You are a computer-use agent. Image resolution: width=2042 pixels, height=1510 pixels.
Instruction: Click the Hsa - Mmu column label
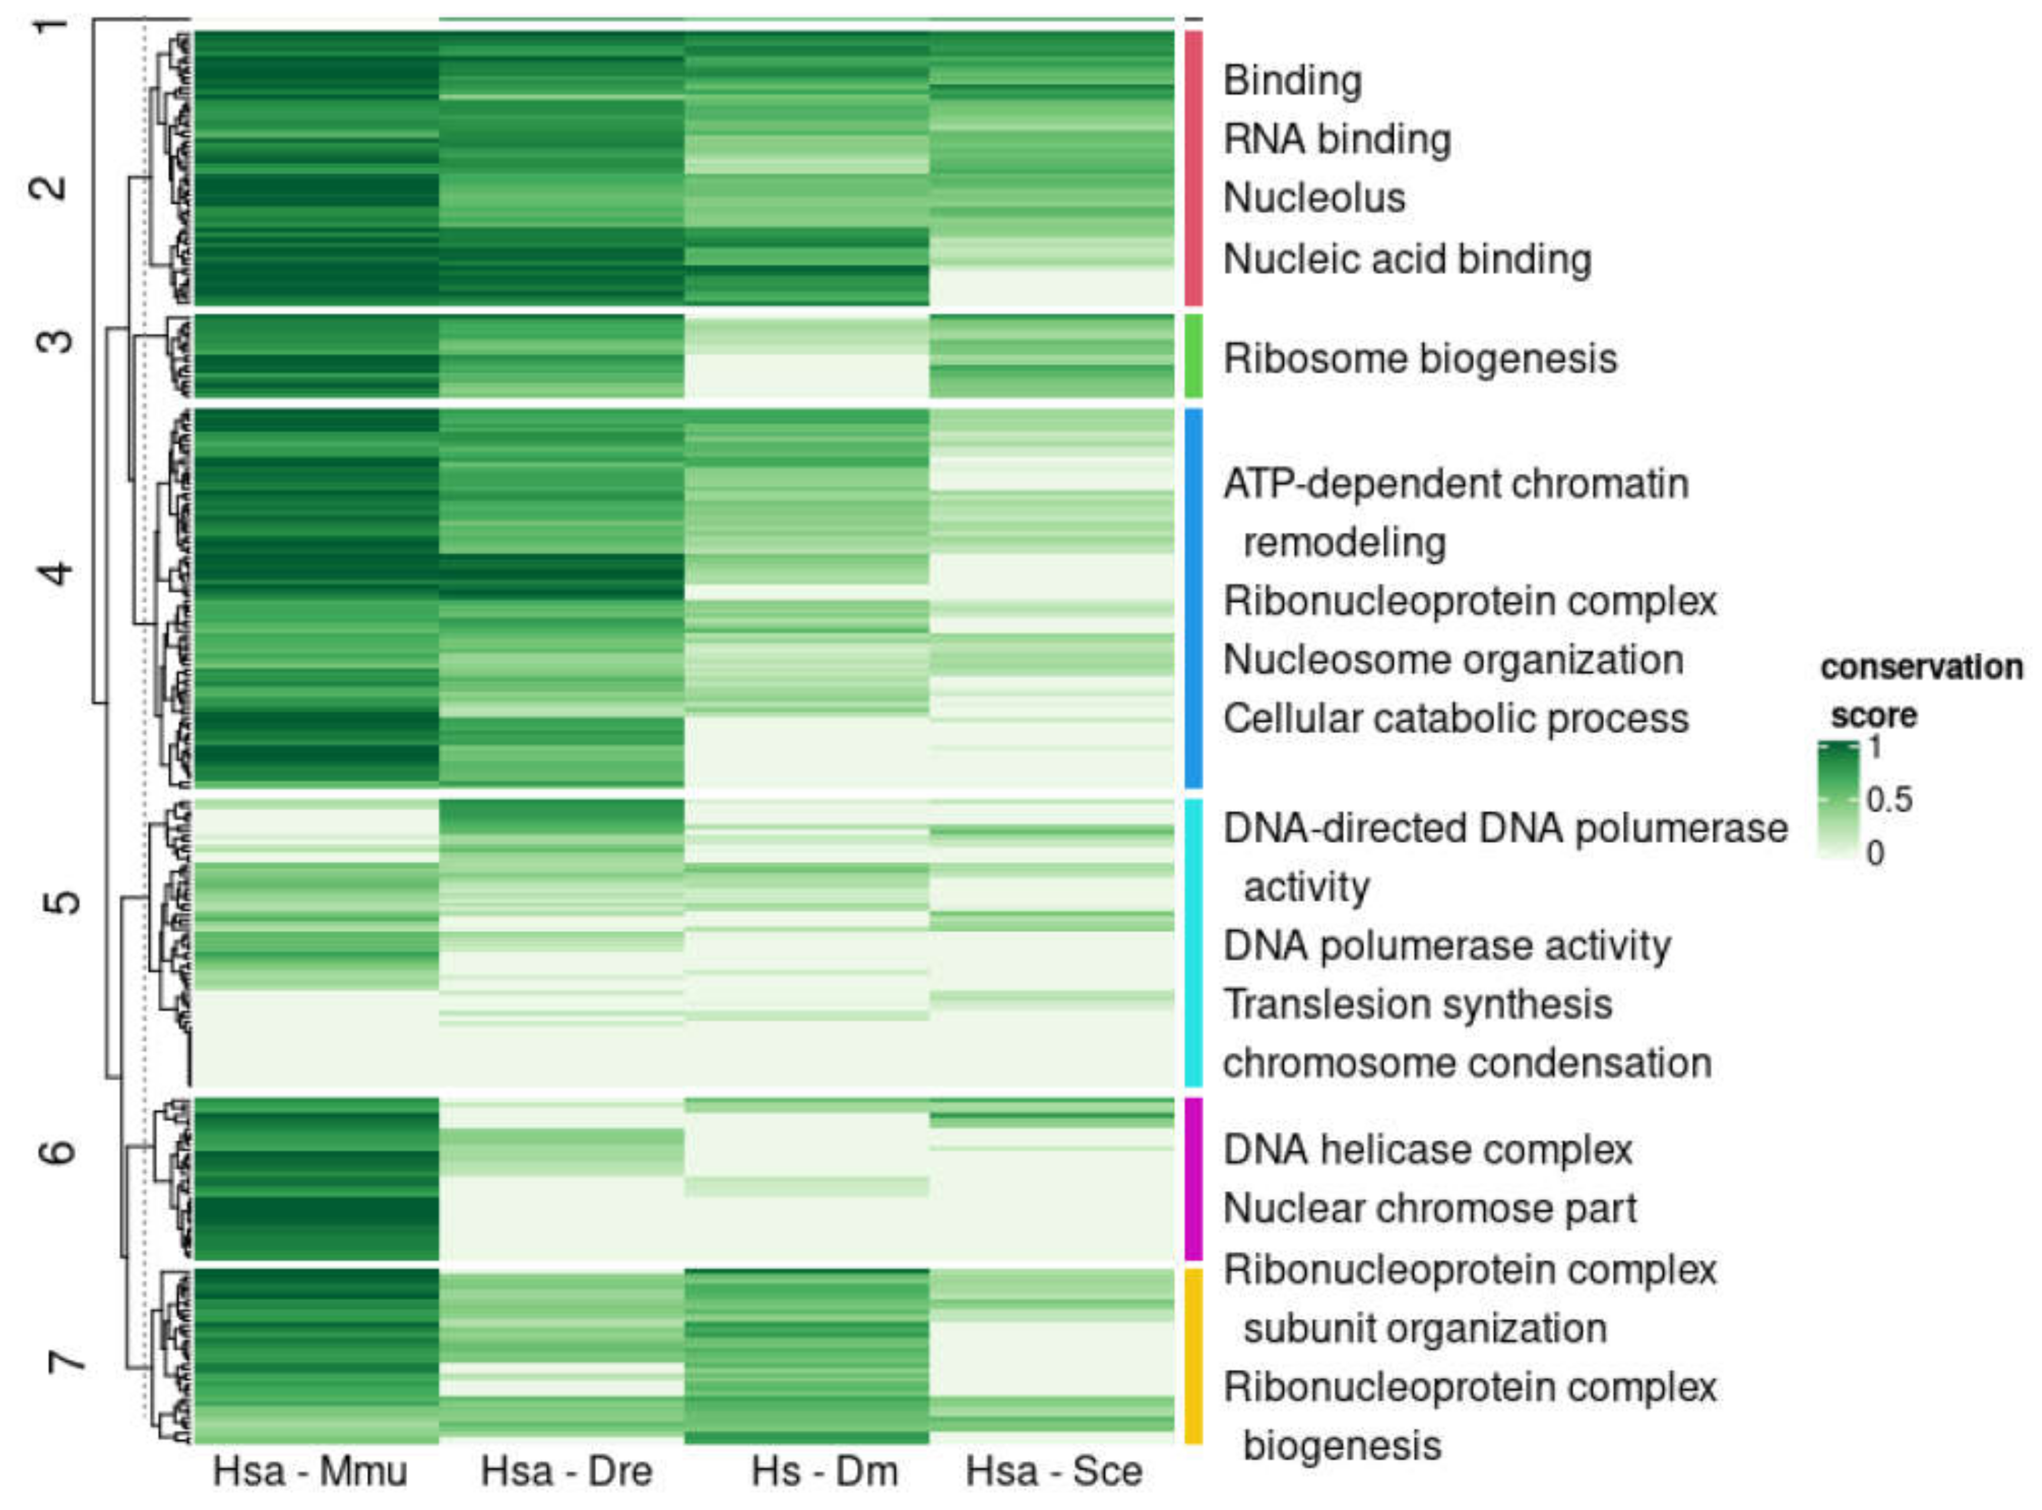pos(309,1472)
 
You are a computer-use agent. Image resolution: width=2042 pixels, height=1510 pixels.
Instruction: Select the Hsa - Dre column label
pos(566,1472)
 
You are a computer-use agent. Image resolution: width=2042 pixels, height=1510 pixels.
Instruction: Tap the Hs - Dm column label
pos(824,1472)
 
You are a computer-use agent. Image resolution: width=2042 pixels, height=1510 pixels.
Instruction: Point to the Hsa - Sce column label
pos(1053,1472)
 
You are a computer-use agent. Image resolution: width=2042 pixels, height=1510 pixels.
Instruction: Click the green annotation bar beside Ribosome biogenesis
pos(1193,356)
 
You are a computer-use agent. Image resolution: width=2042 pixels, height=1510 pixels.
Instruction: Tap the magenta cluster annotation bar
pos(1193,1179)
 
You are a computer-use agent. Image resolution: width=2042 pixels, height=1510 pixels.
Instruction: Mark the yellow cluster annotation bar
pos(1193,1355)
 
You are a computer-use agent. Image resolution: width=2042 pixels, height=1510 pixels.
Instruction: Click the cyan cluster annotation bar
pos(1193,941)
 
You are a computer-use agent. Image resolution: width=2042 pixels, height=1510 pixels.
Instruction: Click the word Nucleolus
pos(1313,198)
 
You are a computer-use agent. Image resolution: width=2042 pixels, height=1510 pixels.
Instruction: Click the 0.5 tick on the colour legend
pos(1889,800)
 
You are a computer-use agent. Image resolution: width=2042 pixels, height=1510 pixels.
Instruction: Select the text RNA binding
pos(1336,140)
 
